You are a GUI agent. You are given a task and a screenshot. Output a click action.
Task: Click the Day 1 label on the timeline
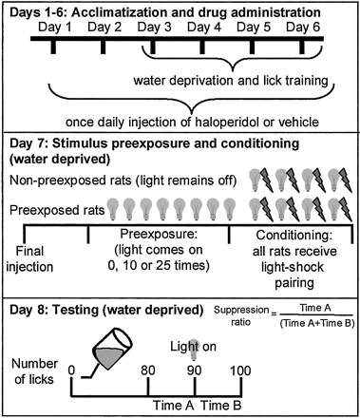click(55, 28)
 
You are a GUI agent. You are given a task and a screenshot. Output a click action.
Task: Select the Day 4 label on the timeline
click(204, 28)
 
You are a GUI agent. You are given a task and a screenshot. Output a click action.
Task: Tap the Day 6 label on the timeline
click(303, 28)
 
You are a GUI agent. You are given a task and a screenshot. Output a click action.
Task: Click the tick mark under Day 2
click(103, 47)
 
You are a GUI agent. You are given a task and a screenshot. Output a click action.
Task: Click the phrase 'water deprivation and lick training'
click(231, 81)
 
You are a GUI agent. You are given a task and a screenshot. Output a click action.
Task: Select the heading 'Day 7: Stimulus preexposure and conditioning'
click(154, 143)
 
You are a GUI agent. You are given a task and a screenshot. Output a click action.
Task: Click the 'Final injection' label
click(29, 259)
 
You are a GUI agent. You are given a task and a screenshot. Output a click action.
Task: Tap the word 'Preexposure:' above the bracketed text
click(159, 235)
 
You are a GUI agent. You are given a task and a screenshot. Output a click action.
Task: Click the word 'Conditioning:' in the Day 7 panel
click(294, 236)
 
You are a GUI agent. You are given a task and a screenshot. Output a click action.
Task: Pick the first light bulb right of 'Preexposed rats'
click(112, 209)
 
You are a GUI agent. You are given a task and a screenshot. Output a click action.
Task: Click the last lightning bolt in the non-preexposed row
click(346, 180)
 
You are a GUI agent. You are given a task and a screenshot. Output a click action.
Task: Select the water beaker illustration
click(111, 350)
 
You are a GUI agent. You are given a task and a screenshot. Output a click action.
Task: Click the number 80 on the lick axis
click(148, 370)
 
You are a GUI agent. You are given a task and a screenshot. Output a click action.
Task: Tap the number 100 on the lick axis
click(240, 370)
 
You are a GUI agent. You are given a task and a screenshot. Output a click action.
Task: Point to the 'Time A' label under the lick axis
click(174, 406)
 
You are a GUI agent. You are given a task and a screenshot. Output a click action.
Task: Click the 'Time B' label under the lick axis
click(221, 406)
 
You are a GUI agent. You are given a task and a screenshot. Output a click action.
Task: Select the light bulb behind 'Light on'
click(193, 351)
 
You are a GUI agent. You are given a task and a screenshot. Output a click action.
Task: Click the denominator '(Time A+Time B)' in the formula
click(317, 324)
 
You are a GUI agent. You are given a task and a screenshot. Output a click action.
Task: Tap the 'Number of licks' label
click(34, 371)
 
